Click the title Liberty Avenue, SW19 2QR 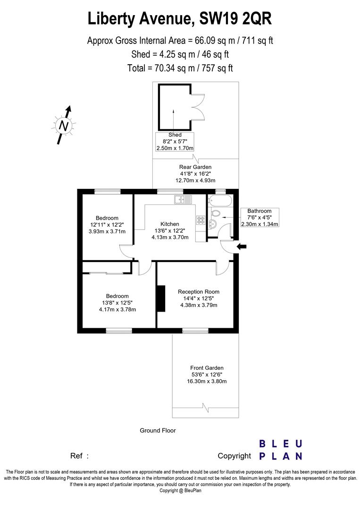180,19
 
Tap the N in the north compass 63,126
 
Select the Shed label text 175,135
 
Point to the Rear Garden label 195,167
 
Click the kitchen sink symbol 184,199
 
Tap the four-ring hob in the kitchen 200,220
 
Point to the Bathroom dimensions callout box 260,217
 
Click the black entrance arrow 241,246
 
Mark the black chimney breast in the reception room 161,298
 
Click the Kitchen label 169,224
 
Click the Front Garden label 207,368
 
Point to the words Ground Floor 158,430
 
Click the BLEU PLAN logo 281,450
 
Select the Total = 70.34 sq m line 180,68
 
